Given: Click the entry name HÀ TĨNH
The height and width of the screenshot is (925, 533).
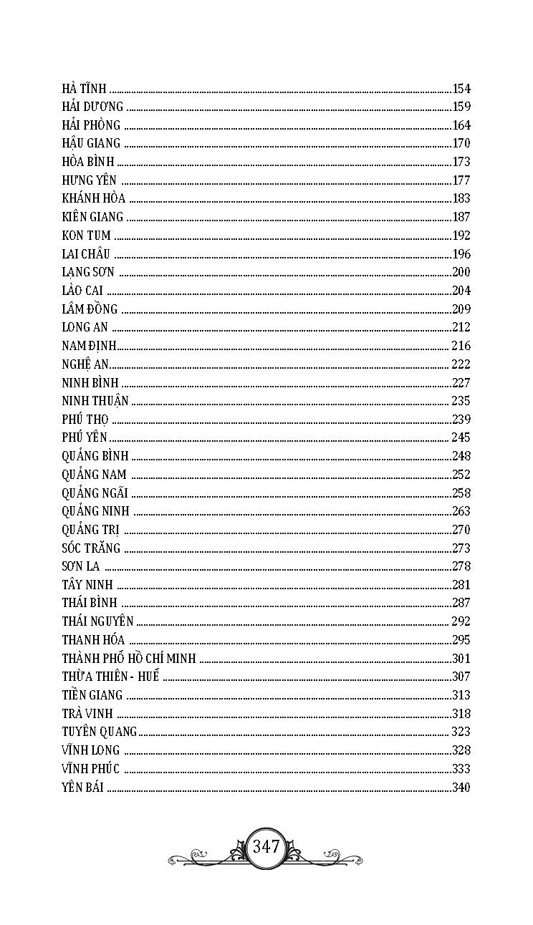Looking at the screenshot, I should point(85,89).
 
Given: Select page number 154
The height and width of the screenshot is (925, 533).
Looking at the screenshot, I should point(461,89).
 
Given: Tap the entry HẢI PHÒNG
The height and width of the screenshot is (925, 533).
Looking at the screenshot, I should point(91,125).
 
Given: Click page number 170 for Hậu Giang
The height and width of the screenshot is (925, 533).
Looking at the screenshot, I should point(461,143).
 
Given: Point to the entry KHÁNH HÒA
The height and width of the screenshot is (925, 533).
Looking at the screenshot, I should point(94,199).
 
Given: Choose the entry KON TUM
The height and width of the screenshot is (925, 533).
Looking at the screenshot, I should point(87,236).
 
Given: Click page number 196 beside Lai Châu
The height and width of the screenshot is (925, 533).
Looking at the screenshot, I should point(461,254).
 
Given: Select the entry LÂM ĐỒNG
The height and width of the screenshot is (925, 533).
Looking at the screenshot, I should point(90,309).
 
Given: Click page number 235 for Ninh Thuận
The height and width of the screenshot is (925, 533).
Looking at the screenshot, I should point(461,401).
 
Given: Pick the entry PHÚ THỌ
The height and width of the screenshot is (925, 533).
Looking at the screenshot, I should point(85,420).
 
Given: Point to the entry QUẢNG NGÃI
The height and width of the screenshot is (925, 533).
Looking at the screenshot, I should point(95,493).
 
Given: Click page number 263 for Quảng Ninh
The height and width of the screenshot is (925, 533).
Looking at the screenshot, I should point(461,511).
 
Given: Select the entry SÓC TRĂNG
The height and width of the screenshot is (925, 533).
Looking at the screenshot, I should point(91,548).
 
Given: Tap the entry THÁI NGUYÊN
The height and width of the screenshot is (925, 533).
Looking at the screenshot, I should point(97,621).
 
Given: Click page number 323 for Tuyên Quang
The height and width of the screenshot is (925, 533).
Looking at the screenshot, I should point(461,732).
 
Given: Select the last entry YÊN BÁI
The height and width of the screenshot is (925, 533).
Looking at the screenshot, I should point(83,788).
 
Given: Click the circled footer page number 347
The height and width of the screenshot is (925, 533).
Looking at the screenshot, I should point(266,847).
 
